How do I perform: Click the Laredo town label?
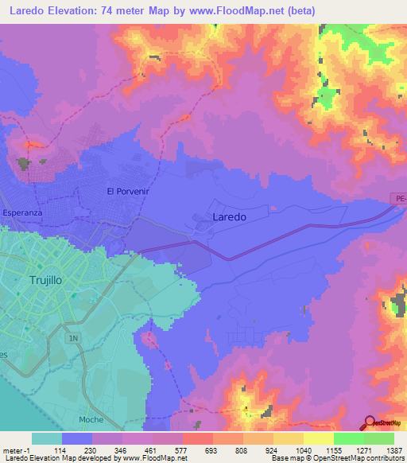click(x=230, y=216)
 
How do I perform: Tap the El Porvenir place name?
click(x=128, y=192)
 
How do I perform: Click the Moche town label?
click(x=91, y=419)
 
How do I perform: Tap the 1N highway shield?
click(x=75, y=339)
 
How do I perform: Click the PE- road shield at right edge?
click(x=399, y=197)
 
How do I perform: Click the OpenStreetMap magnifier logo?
click(x=370, y=423)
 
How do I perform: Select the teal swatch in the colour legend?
click(x=46, y=438)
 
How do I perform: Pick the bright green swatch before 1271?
click(x=348, y=438)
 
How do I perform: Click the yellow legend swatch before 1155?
click(x=318, y=438)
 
